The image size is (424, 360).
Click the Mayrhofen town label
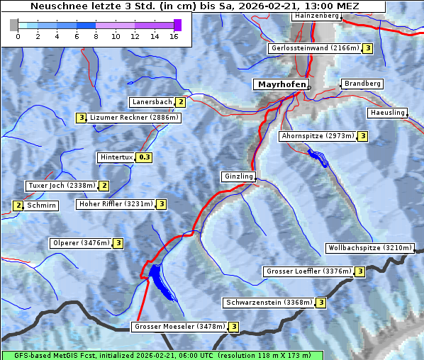click(281, 84)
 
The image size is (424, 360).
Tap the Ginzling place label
click(238, 176)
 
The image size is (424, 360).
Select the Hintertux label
click(117, 157)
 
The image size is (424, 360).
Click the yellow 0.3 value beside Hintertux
click(145, 157)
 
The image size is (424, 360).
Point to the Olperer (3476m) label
click(82, 243)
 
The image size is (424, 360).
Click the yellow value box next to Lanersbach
click(181, 102)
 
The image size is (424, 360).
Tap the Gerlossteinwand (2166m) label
click(315, 48)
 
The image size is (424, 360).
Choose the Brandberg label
click(362, 84)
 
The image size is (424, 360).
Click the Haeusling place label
click(387, 113)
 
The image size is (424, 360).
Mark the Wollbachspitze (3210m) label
click(369, 248)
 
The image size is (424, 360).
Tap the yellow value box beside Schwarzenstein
click(320, 303)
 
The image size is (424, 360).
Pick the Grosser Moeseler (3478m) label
click(179, 327)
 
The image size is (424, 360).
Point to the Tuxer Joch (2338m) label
click(61, 186)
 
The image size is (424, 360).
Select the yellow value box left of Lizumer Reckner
click(82, 118)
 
